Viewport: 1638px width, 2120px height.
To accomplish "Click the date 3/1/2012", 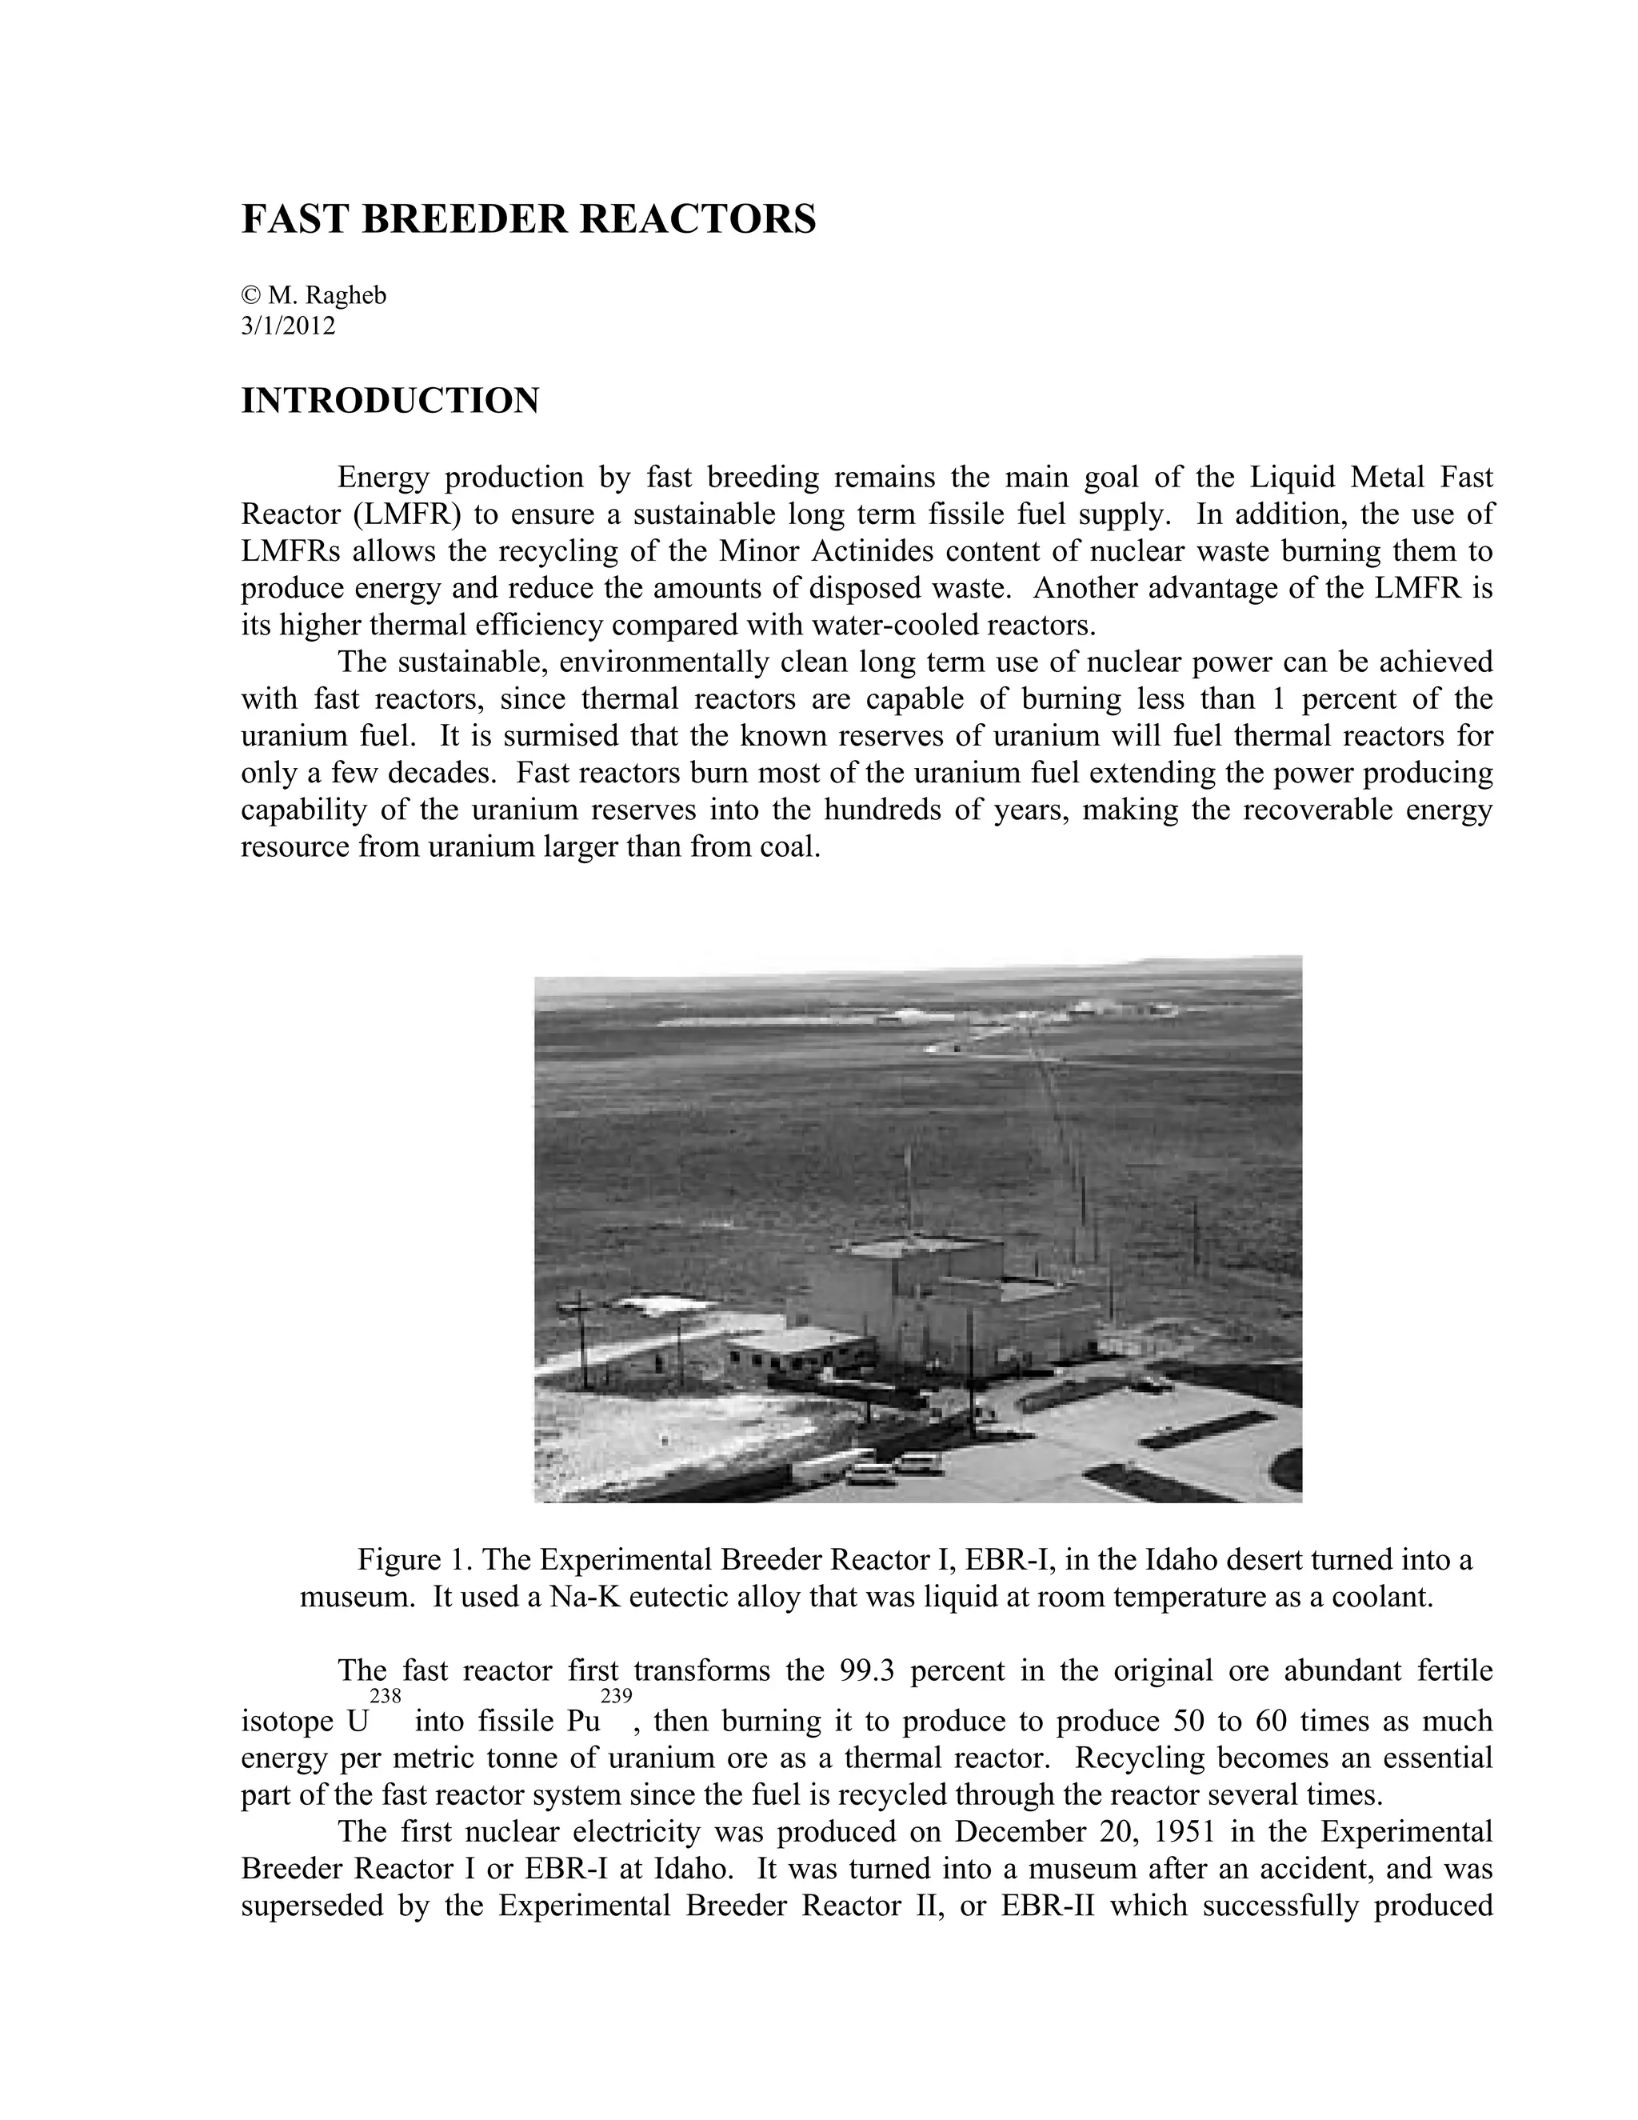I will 288,326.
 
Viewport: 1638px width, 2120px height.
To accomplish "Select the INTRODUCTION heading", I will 390,401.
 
